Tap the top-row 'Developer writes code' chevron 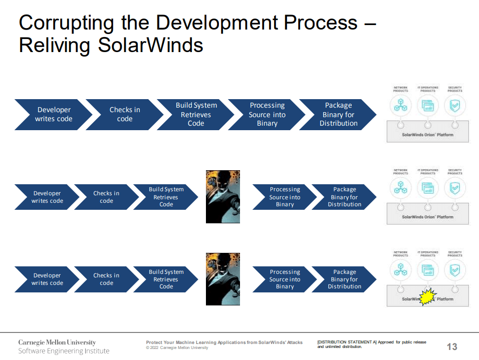coord(53,115)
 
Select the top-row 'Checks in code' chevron coord(124,115)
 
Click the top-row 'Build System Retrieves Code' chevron coord(195,115)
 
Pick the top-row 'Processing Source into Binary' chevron coord(267,115)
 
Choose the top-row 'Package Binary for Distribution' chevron coord(338,115)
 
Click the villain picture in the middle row coord(223,197)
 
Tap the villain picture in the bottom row coord(223,279)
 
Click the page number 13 coord(451,346)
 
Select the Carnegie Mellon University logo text coord(57,342)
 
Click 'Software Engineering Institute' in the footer coord(64,351)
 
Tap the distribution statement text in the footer coord(371,344)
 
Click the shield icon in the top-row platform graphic coord(455,105)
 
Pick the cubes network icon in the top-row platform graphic coord(400,105)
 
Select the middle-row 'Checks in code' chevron coord(106,197)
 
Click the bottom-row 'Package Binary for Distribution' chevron coord(344,279)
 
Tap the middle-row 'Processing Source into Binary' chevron coord(284,197)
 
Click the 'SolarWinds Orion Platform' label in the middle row coord(427,217)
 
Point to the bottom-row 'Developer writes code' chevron coord(47,279)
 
